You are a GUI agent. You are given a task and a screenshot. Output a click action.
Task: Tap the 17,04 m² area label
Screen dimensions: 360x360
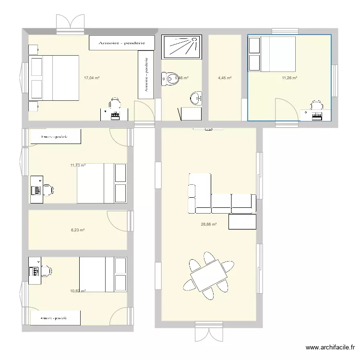tap(92, 78)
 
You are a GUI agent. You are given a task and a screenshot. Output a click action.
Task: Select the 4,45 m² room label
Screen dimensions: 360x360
tap(225, 78)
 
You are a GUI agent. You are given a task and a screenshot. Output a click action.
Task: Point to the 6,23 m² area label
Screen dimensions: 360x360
tap(78, 230)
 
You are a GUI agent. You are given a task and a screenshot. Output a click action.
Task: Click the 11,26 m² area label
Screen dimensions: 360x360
tap(289, 78)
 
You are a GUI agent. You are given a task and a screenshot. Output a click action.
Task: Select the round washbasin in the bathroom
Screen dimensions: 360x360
tap(196, 98)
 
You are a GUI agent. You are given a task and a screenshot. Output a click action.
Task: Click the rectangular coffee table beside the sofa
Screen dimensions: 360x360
tap(242, 222)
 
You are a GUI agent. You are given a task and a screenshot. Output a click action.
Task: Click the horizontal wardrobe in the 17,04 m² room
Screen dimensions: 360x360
tap(122, 43)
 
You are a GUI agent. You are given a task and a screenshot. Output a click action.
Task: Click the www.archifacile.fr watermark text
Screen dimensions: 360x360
tap(331, 348)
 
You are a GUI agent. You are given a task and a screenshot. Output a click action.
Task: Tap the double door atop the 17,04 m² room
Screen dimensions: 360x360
tap(71, 24)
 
